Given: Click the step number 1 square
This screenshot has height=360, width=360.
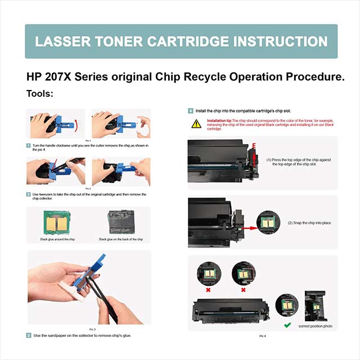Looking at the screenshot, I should [29, 145].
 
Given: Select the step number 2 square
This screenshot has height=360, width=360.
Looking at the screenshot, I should [29, 195].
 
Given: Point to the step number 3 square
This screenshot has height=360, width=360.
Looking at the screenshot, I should [29, 335].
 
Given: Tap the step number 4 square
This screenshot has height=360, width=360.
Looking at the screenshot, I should [191, 111].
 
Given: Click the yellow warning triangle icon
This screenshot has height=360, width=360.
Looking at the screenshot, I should [196, 123].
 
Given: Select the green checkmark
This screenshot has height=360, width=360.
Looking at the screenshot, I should [287, 325].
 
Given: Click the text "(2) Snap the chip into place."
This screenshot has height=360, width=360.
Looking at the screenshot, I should [309, 223].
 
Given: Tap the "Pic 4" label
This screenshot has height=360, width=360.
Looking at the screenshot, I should [262, 336].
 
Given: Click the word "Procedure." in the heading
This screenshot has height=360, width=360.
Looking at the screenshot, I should [311, 76].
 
